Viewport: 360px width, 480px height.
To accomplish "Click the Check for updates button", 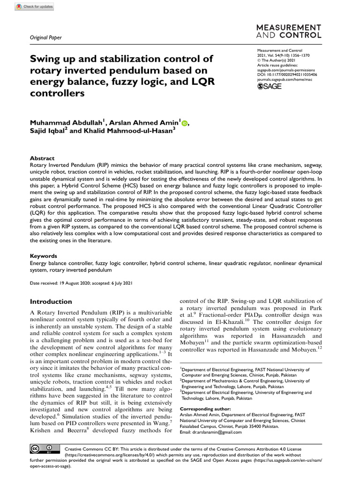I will coord(35,7).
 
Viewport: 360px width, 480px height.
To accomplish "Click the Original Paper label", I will coord(45,38).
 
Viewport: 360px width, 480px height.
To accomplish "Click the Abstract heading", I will coord(42,158).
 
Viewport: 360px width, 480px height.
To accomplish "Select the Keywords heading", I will coord(44,256).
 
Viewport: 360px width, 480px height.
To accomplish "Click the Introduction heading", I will coord(51,301).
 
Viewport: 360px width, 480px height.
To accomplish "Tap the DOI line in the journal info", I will coord(287,75).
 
